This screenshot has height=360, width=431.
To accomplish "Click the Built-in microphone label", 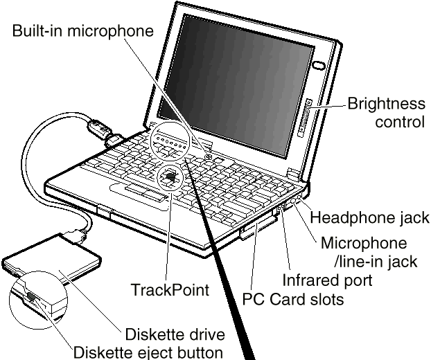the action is (x=83, y=30).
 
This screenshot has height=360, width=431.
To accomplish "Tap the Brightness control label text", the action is (x=387, y=113).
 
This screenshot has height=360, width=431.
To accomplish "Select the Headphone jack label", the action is (x=370, y=217).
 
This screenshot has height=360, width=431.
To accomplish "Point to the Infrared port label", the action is (x=327, y=280).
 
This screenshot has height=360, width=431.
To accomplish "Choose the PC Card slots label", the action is (x=293, y=299).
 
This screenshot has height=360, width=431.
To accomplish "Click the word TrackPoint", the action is (x=170, y=289).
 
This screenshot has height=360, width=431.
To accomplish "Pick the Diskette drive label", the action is (x=175, y=334).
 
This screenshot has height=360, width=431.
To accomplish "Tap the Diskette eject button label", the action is (x=148, y=352).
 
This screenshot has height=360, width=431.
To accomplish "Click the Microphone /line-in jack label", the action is (x=369, y=252).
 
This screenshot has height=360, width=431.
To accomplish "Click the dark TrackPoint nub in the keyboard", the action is (x=171, y=177).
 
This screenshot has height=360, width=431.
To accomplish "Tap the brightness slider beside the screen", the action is (x=305, y=118).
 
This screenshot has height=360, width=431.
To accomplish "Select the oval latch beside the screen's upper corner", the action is (x=319, y=65).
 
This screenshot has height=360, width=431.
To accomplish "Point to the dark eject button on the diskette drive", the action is (x=31, y=296).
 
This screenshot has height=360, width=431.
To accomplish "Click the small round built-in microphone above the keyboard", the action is (x=209, y=156).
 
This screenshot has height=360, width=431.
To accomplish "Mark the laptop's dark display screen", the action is (x=236, y=85).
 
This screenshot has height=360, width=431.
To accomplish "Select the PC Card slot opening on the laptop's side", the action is (x=258, y=227).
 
